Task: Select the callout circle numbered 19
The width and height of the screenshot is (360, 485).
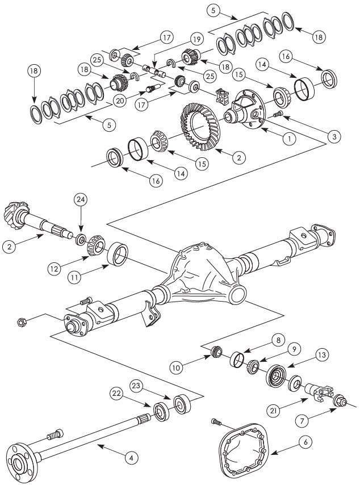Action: [196, 40]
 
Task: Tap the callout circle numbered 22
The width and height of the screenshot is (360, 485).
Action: [116, 393]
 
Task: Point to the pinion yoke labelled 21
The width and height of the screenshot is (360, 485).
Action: [318, 391]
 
